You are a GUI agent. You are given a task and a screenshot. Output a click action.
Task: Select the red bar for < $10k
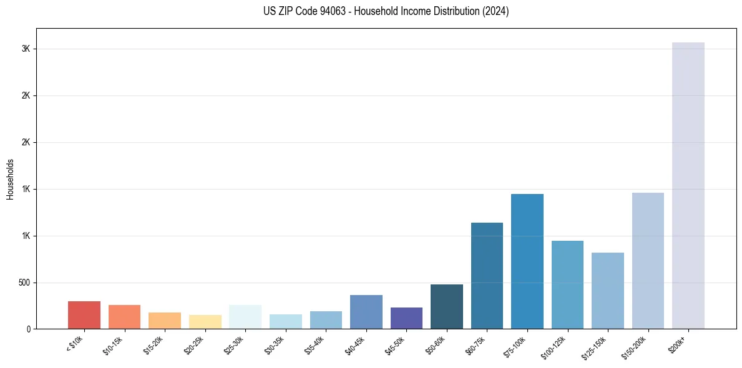coord(84,315)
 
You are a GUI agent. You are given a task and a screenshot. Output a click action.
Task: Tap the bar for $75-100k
coord(527,261)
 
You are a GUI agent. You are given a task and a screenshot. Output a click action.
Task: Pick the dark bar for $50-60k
coord(447,306)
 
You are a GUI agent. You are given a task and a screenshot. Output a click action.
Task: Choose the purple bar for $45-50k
coord(406,318)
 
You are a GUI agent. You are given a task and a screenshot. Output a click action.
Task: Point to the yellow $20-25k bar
coord(205,322)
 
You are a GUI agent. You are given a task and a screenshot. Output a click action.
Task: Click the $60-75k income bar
coord(487,276)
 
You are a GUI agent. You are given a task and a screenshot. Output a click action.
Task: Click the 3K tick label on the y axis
coord(25,49)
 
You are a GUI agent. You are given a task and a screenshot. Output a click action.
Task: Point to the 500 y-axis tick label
coord(23,283)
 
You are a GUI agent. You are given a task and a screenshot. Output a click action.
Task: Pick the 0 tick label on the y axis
coord(28,329)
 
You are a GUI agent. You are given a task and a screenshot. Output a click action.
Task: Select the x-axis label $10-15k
coord(113,345)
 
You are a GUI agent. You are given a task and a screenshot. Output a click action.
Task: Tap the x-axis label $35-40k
coord(315,345)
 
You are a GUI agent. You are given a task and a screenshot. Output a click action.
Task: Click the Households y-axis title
coord(10,179)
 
